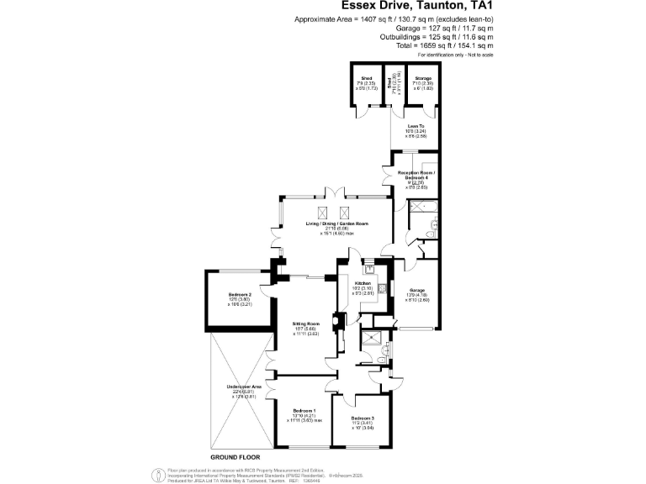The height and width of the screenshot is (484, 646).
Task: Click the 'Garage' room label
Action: pyautogui.click(x=418, y=291)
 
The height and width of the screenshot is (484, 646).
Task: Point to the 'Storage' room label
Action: pyautogui.click(x=424, y=78)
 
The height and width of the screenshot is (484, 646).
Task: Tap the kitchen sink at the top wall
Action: pyautogui.click(x=369, y=270)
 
